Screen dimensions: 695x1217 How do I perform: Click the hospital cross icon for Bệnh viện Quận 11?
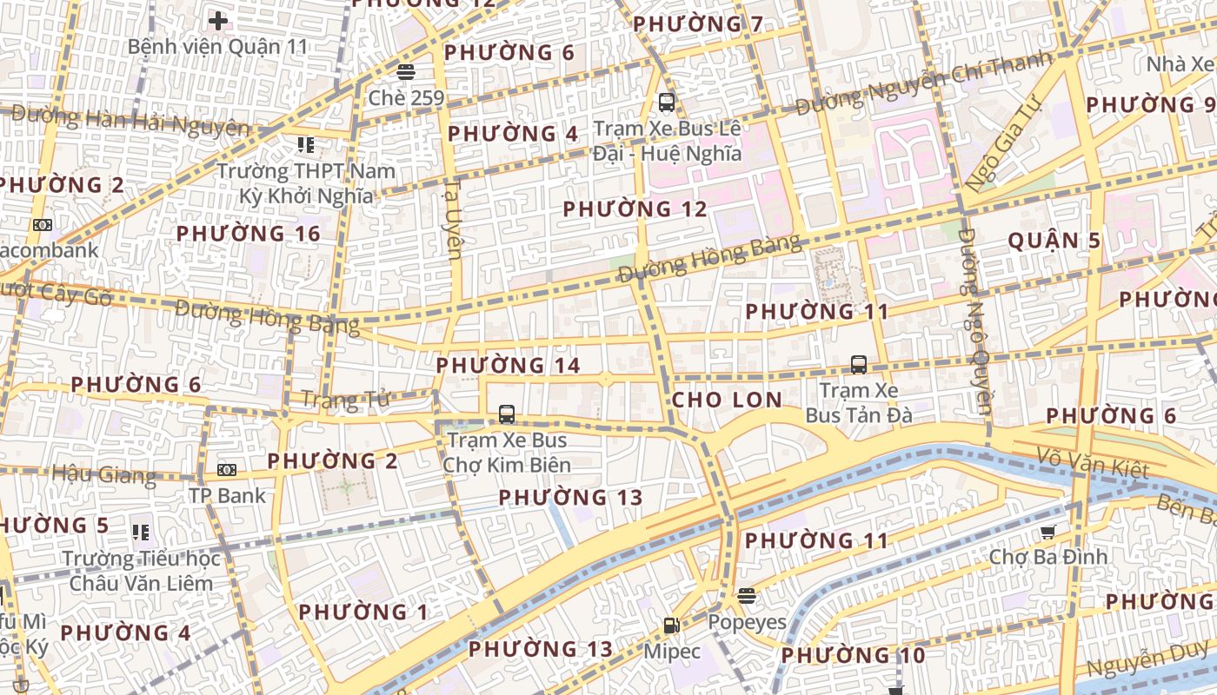[x=218, y=20]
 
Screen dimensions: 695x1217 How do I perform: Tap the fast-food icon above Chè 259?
[x=405, y=71]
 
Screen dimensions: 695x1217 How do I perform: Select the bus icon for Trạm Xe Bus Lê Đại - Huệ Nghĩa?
[x=667, y=103]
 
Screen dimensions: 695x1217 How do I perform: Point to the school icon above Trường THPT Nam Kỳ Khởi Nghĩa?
[x=305, y=144]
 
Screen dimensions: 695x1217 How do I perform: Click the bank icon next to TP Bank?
[x=227, y=470]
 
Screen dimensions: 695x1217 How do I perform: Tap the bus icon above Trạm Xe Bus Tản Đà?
[x=859, y=365]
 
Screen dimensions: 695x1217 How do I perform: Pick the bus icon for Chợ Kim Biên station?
[x=507, y=414]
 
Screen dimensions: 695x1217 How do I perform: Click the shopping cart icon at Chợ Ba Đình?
[x=1048, y=532]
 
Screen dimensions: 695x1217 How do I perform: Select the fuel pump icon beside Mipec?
[x=671, y=625]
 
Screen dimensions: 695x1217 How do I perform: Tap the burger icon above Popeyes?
[x=746, y=595]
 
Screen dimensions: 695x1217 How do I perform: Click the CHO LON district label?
[x=727, y=400]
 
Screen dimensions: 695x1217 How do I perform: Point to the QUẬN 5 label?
[x=1054, y=241]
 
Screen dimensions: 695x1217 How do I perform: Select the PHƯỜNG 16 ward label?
[x=249, y=234]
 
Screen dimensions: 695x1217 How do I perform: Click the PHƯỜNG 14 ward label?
[x=508, y=366]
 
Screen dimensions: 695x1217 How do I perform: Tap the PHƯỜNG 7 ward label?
[x=698, y=24]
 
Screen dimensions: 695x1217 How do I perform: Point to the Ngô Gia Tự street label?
[x=1002, y=145]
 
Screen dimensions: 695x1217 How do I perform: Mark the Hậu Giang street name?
[x=103, y=474]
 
